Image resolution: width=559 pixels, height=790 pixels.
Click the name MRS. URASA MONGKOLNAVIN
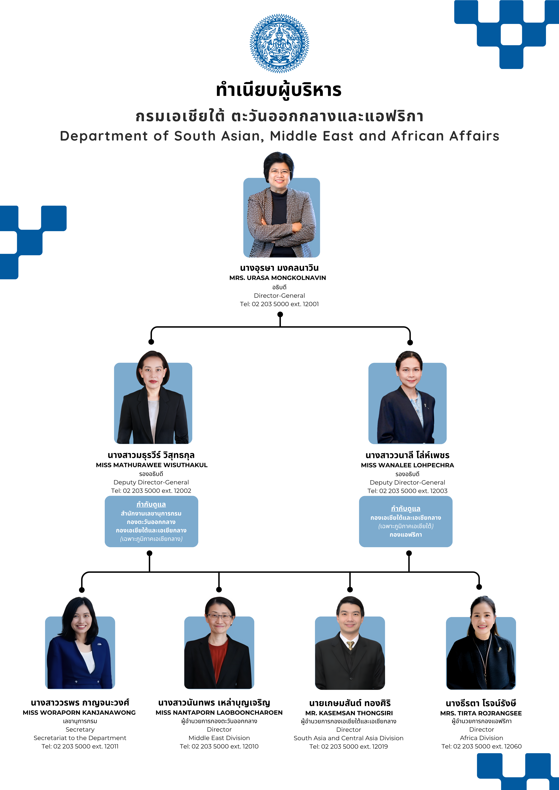pos(278,278)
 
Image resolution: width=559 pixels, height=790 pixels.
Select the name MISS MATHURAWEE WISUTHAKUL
pos(152,465)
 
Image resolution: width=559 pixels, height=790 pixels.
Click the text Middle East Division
pos(219,738)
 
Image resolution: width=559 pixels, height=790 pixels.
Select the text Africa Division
pos(482,738)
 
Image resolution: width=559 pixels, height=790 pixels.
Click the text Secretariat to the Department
pos(80,738)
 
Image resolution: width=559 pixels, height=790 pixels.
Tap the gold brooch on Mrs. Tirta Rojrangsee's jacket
pos(499,650)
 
